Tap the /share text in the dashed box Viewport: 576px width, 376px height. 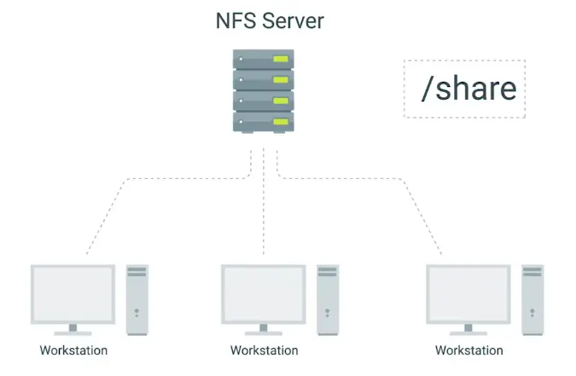click(468, 88)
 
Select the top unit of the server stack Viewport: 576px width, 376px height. click(264, 60)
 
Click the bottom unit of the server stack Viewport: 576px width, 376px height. click(264, 121)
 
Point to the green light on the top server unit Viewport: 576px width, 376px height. click(280, 60)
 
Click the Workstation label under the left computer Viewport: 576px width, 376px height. click(73, 350)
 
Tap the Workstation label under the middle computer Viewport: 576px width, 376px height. click(265, 350)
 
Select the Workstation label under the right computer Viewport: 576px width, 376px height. click(468, 350)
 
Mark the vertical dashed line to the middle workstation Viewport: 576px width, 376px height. click(264, 205)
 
